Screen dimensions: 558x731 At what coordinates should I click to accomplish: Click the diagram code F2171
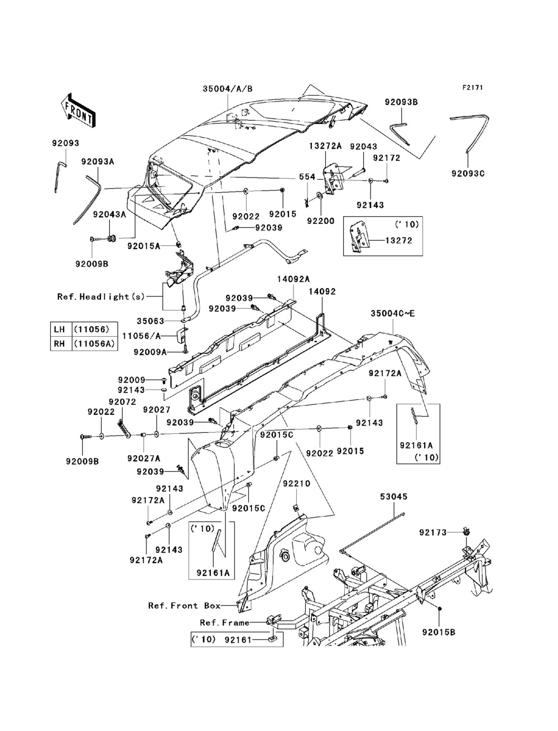(473, 88)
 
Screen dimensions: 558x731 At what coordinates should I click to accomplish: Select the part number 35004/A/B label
(228, 89)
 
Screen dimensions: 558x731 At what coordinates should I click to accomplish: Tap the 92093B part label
(401, 102)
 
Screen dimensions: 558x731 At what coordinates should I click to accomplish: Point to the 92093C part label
(468, 174)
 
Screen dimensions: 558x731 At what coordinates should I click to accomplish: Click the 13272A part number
(325, 146)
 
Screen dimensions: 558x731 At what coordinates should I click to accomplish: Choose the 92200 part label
(321, 221)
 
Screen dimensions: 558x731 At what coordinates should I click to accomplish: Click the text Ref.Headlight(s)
(101, 297)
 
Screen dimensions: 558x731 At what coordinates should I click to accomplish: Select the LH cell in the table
(59, 329)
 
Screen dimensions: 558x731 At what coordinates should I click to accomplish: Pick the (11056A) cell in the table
(95, 343)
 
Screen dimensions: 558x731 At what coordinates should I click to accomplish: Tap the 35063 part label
(151, 321)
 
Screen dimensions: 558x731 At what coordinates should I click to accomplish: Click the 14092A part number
(294, 279)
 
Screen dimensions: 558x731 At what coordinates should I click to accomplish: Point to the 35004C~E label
(393, 313)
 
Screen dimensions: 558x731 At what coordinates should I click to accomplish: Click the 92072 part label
(122, 402)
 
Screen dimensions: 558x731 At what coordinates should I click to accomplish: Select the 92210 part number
(296, 483)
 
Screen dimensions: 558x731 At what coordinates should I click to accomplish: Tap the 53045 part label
(393, 506)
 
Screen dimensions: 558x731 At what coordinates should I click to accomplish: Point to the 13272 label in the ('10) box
(398, 240)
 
